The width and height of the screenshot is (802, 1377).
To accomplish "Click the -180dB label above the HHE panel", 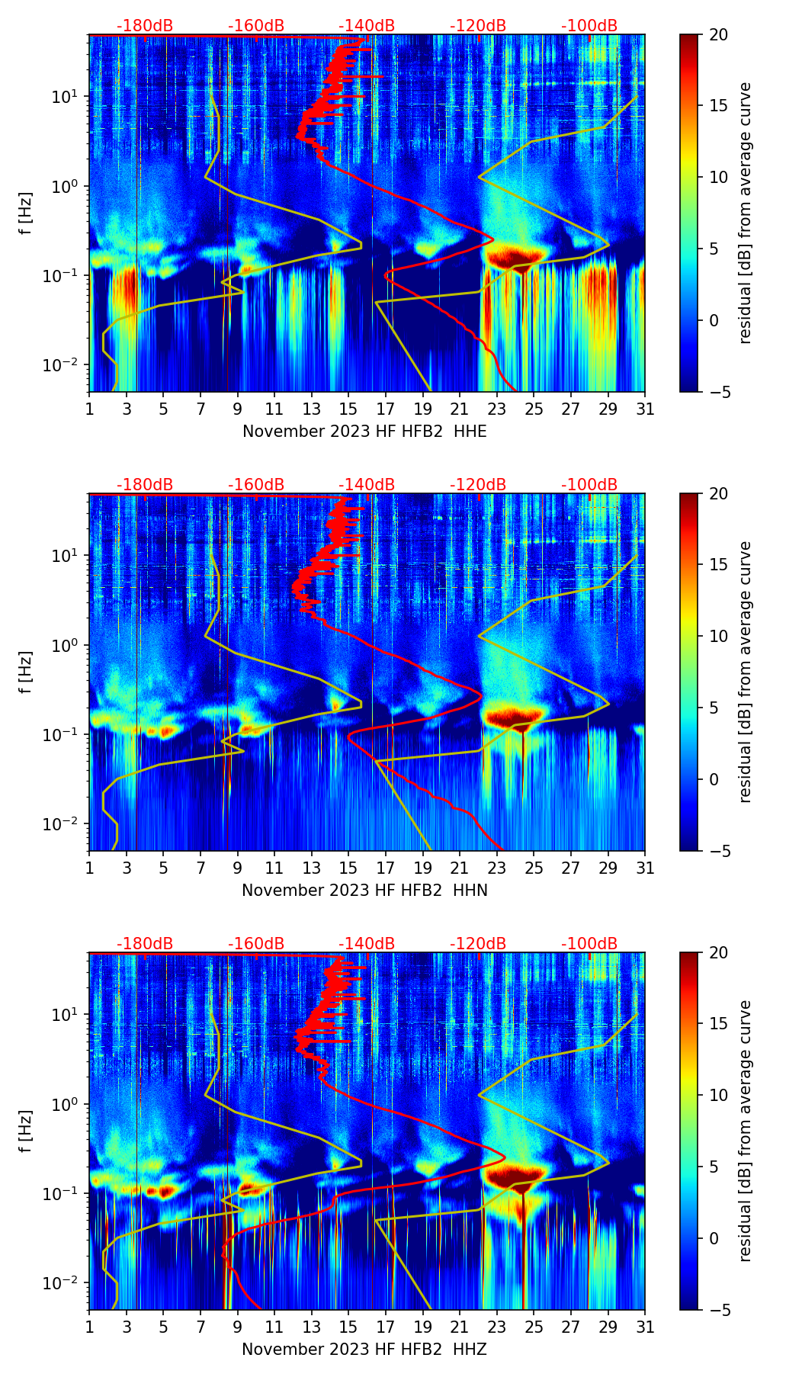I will point(145,26).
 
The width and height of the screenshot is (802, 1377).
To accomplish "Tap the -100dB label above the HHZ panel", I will point(589,944).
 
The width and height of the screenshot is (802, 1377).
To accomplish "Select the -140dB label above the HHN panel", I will point(367,485).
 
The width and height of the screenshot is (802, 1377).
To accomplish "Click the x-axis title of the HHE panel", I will point(364,432).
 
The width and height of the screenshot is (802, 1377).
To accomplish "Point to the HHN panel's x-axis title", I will point(364,891).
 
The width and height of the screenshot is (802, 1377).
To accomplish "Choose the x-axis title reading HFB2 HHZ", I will point(364,1350).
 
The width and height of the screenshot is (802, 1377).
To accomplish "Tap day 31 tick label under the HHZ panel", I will point(645,1327).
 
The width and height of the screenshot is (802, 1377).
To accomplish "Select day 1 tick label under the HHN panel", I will point(89,868).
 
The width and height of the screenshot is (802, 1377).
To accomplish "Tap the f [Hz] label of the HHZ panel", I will point(27,1131).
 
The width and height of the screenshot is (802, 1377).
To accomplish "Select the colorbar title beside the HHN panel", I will point(746,672).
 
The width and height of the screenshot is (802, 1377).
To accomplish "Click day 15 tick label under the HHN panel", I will point(348,868).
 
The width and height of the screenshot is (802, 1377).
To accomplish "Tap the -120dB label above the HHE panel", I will point(478,26).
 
